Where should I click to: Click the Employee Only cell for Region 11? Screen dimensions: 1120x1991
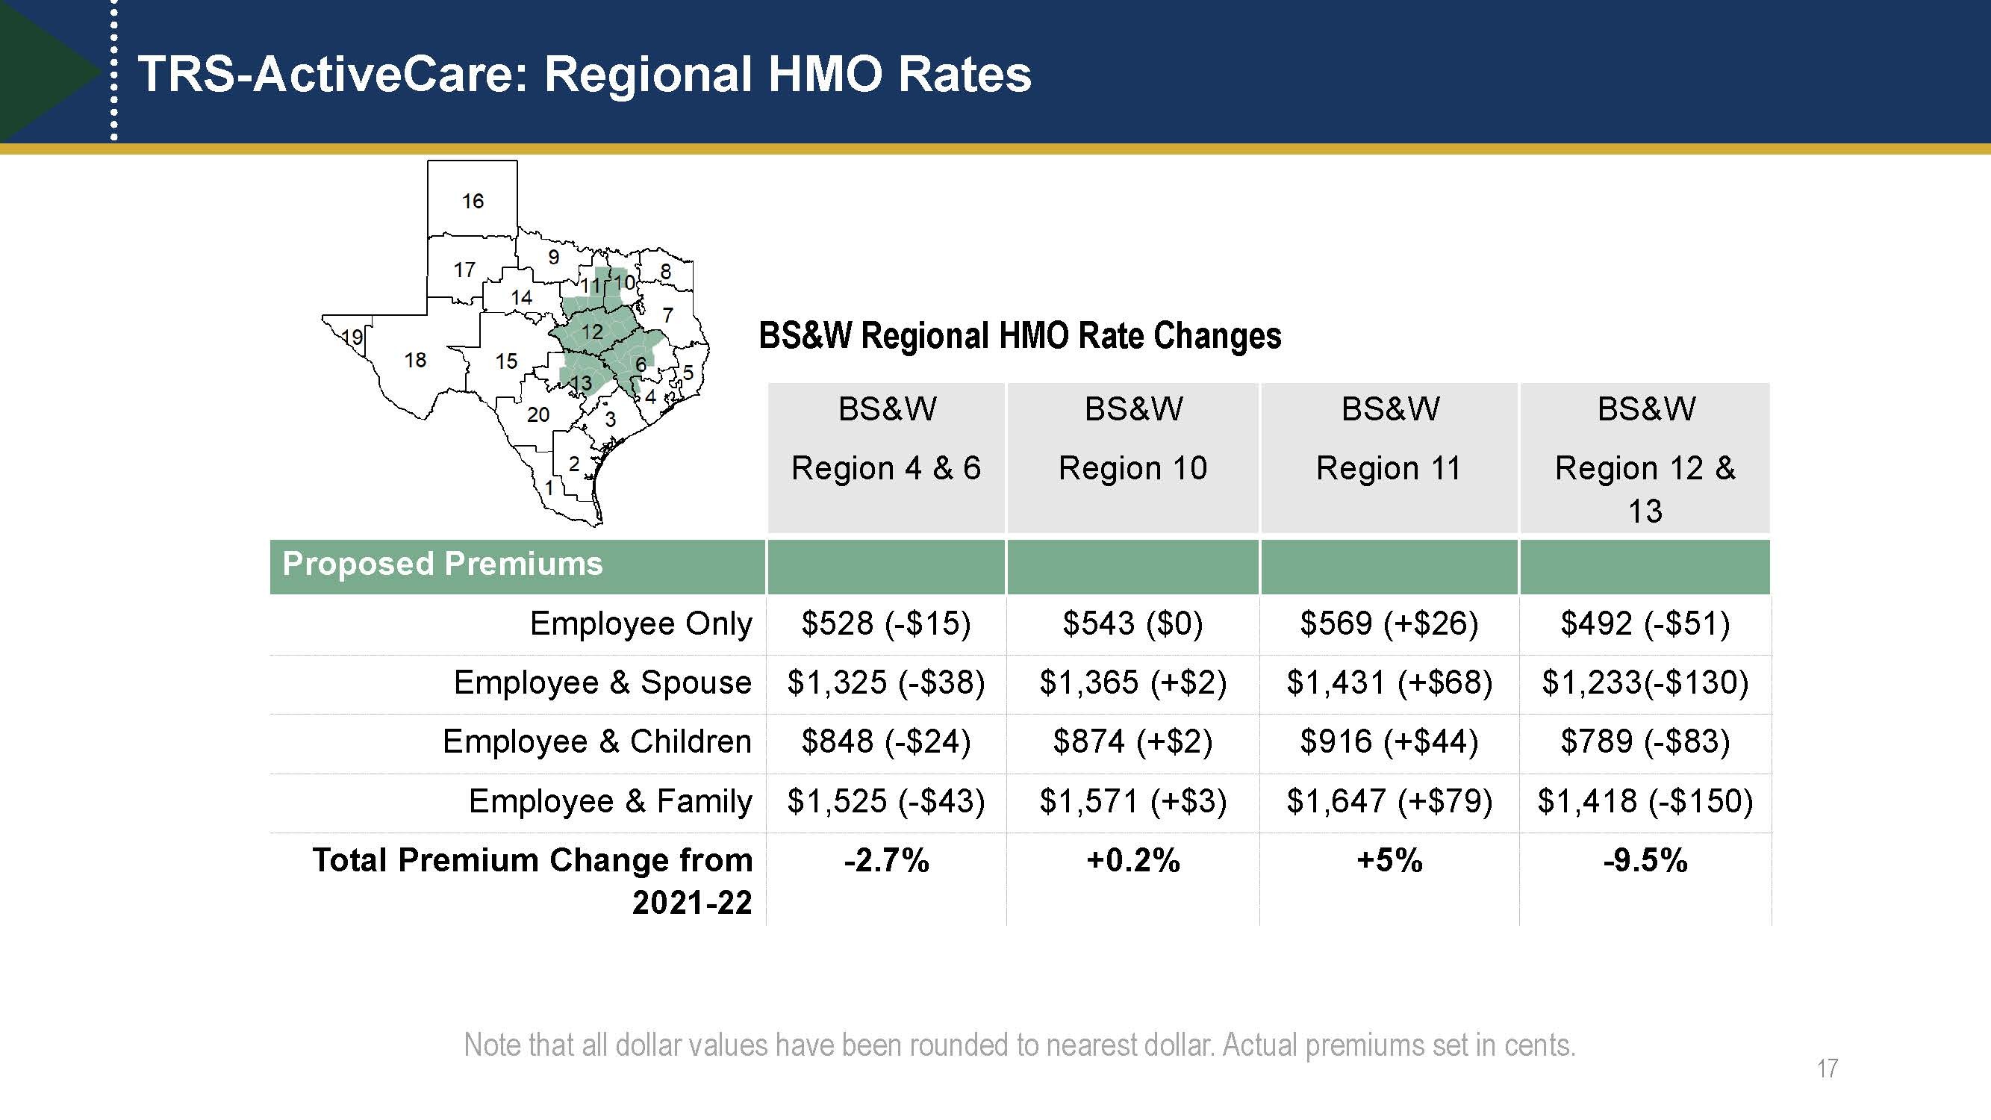point(1389,623)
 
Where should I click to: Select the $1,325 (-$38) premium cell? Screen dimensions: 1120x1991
point(885,682)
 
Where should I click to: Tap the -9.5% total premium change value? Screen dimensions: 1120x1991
point(1645,860)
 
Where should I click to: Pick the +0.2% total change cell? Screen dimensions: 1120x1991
point(1133,860)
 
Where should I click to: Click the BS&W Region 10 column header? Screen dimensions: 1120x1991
point(1133,438)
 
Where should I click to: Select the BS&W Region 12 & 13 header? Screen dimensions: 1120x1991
point(1645,458)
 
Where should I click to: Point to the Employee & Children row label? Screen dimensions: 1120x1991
point(596,742)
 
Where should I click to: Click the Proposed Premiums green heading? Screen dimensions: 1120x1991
point(442,564)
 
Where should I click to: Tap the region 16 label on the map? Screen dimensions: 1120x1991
point(473,202)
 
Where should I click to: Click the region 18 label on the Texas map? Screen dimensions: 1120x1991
point(415,360)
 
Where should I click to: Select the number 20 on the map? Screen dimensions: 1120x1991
point(538,415)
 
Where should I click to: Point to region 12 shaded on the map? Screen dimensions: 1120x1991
point(591,332)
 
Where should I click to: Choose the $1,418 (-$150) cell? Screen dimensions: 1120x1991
point(1645,800)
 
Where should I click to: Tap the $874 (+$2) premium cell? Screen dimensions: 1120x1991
point(1133,742)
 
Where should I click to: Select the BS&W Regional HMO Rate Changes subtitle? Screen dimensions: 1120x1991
point(1020,336)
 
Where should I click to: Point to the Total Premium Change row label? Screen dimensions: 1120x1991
point(532,880)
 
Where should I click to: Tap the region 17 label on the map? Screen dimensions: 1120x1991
point(464,270)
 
